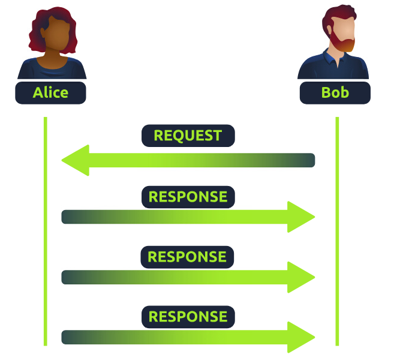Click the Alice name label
tap(50, 93)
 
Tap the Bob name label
tap(335, 93)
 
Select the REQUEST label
tap(188, 136)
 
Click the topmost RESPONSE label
tap(188, 197)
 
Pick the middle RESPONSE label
tap(187, 257)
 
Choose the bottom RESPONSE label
tap(188, 317)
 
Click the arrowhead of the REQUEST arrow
tap(76, 160)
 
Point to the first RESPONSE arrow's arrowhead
tap(301, 217)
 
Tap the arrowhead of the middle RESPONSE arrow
tap(301, 277)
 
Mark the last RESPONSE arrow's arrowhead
tap(301, 337)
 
